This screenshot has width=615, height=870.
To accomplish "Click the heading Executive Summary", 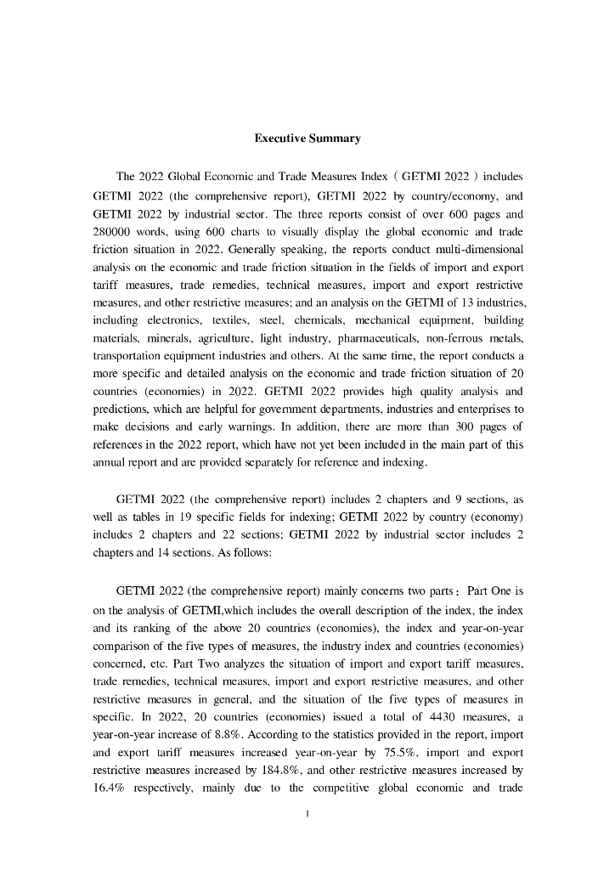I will tap(307, 138).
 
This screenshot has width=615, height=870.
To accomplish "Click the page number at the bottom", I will tap(307, 816).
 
